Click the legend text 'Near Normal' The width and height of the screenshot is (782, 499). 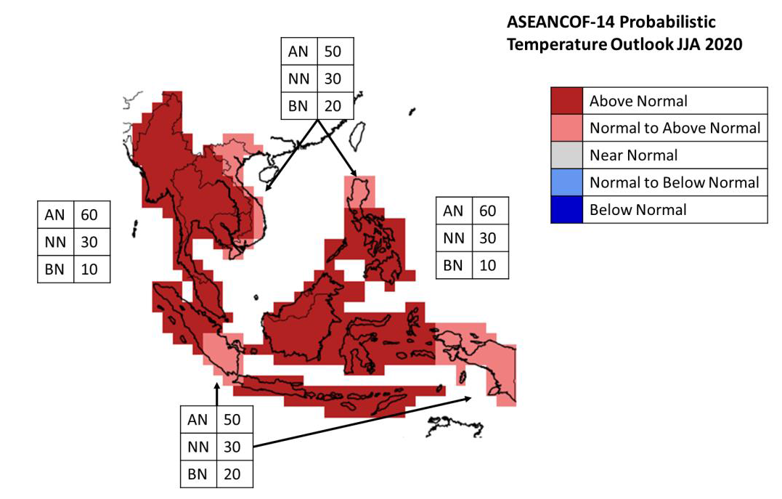[633, 155]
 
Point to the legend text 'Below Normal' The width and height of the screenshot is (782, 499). [638, 209]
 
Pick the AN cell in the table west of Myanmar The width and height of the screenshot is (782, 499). [55, 215]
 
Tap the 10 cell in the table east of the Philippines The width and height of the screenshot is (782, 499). [488, 265]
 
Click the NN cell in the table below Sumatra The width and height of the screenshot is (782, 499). [198, 447]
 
